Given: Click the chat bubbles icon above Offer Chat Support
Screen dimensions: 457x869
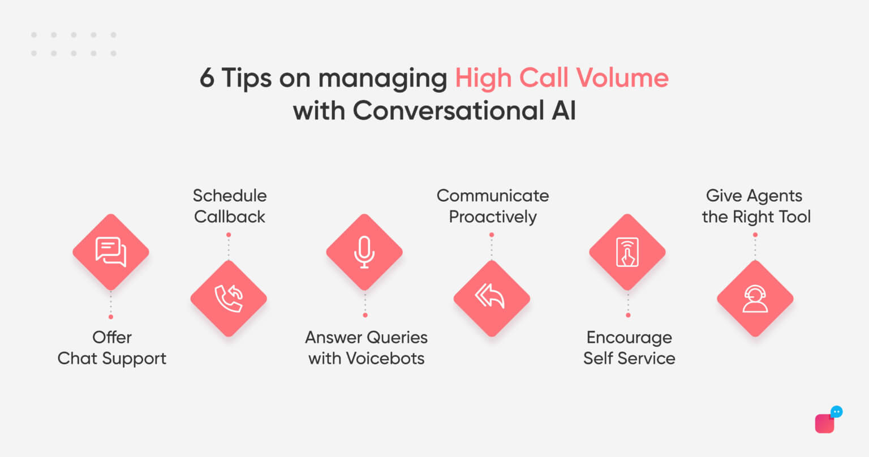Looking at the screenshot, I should [x=111, y=252].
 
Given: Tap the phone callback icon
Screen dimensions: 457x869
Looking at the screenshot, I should [x=229, y=298].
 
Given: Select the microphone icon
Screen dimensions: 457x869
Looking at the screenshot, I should [x=364, y=252].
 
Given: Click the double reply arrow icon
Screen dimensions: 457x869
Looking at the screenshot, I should [x=491, y=298].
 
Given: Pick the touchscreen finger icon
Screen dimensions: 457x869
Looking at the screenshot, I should [x=627, y=252].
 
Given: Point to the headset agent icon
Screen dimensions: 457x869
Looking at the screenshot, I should [x=755, y=298].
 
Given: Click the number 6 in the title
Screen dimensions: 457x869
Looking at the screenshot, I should [x=207, y=78].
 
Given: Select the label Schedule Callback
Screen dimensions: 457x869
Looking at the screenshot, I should [x=229, y=206].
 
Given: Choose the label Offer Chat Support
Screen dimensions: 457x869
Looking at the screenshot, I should [x=112, y=348].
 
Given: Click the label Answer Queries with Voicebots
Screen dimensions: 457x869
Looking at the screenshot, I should [x=366, y=348].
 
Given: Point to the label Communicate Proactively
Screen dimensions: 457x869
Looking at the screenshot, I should [x=492, y=206].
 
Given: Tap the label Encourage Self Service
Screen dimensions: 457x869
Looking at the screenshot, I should [x=629, y=348].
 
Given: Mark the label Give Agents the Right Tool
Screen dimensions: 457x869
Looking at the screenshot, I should [x=755, y=206].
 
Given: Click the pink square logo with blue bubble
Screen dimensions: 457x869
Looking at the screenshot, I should [x=826, y=421].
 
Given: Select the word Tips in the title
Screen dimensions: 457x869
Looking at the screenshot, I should [x=246, y=78].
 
